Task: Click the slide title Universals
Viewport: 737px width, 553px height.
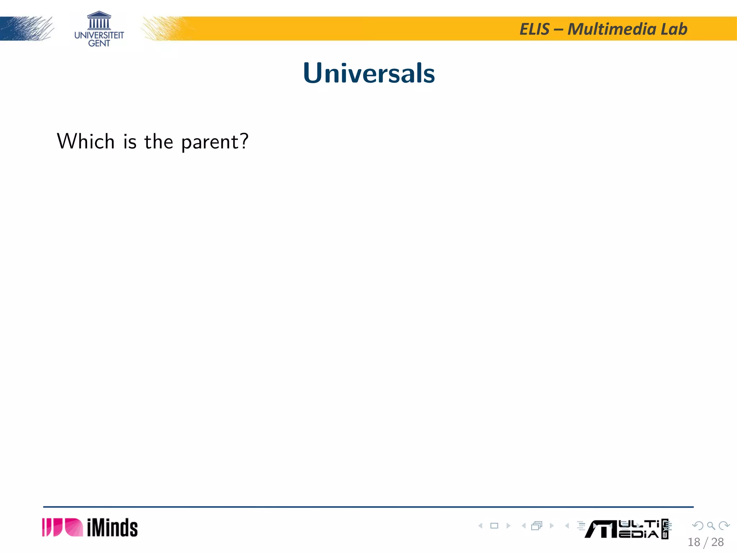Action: point(369,73)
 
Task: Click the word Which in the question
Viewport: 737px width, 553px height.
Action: point(86,141)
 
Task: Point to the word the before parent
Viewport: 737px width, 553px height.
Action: point(158,141)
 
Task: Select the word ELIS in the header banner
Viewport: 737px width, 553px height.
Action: point(534,29)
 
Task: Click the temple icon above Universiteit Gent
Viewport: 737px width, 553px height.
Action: point(99,20)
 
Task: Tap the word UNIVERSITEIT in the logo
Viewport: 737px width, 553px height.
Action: point(99,35)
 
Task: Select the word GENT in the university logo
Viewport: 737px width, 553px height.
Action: point(99,44)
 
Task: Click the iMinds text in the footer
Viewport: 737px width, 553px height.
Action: point(112,528)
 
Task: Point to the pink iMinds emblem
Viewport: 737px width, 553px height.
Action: point(62,527)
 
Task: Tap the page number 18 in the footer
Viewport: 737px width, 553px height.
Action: point(694,542)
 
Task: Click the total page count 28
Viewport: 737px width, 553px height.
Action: point(718,542)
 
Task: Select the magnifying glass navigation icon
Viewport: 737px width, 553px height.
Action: point(711,526)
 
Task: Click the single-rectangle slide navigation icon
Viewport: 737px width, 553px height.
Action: point(494,526)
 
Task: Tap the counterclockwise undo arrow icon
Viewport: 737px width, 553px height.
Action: point(698,526)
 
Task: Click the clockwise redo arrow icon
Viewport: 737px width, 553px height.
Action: point(724,526)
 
